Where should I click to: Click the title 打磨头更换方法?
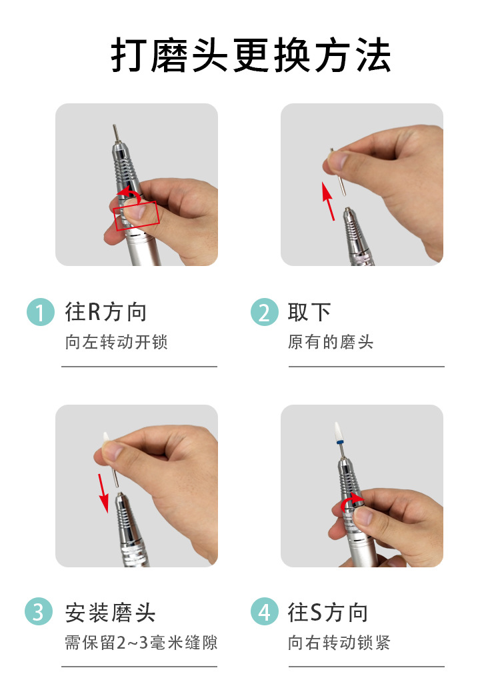251,55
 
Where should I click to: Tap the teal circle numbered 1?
41,312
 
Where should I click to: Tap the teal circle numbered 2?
265,312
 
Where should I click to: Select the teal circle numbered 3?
39,611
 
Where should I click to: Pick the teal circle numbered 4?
265,611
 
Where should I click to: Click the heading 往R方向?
106,311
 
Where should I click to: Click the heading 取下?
309,311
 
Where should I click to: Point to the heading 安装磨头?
110,613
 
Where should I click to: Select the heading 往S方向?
328,613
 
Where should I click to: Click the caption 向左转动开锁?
117,342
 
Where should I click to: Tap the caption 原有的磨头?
331,342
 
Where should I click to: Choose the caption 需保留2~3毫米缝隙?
141,643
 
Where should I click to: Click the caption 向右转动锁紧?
339,643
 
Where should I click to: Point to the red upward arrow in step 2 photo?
329,201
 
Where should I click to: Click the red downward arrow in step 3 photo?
103,493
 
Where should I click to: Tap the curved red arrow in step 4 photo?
352,501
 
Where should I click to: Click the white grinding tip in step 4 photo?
339,431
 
